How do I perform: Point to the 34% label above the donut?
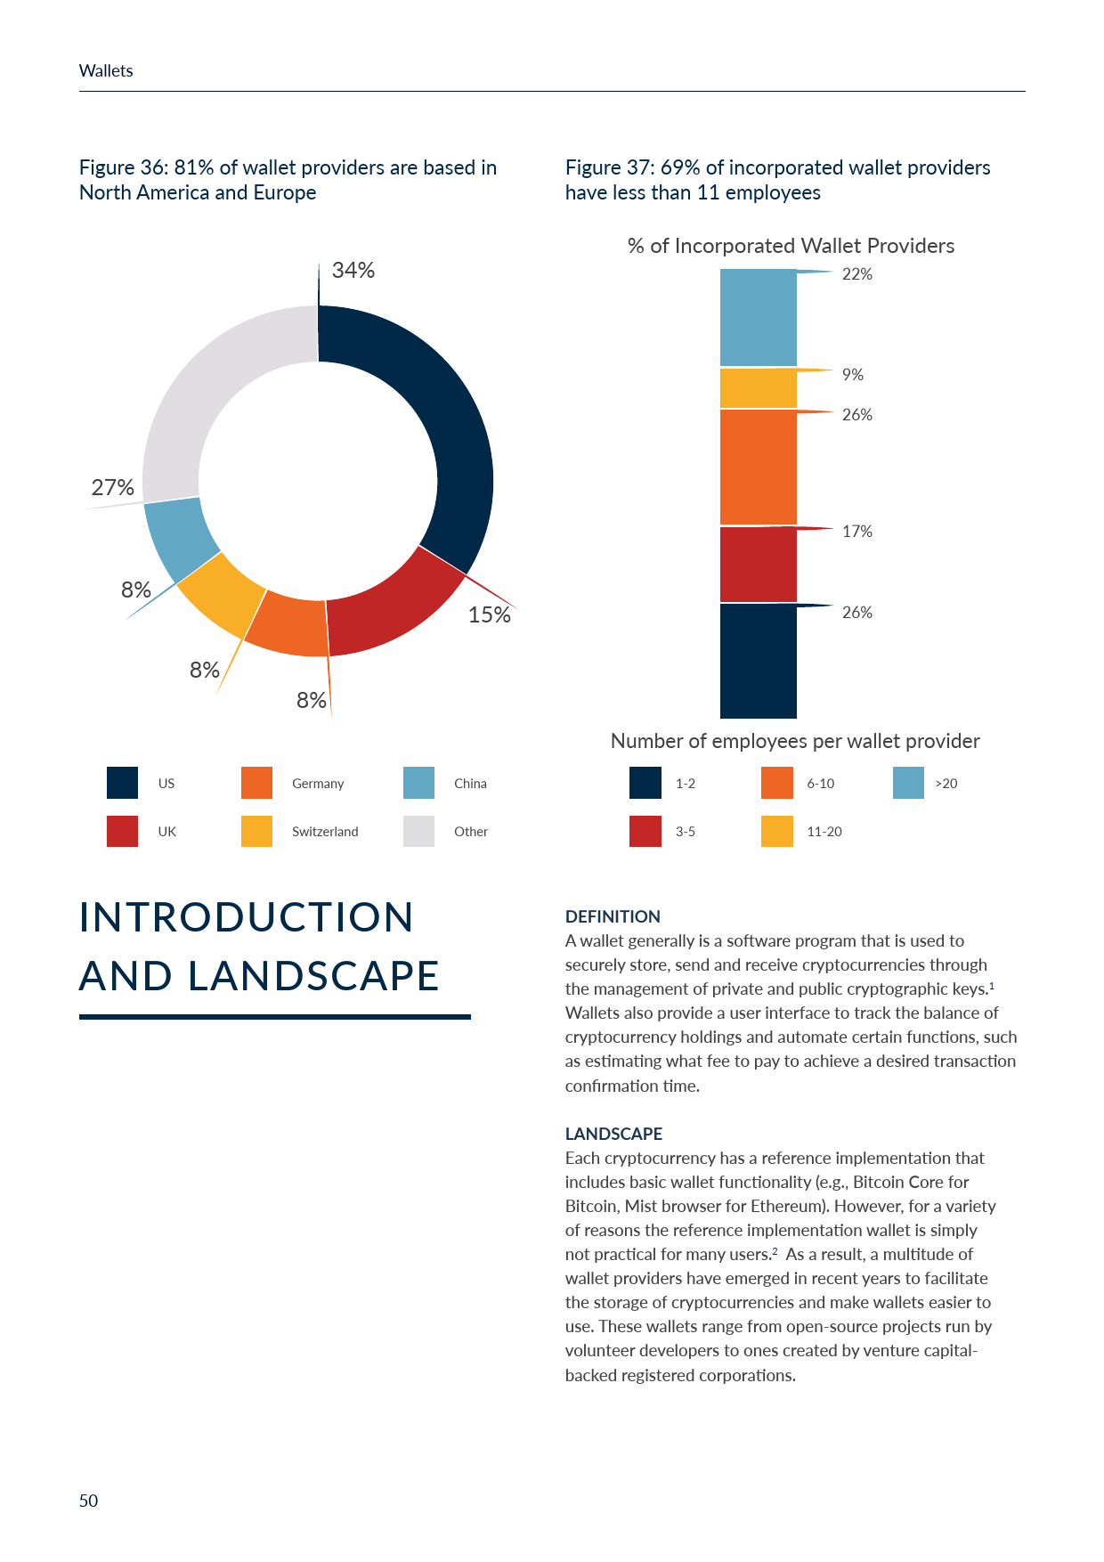point(353,270)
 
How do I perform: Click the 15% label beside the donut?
point(489,614)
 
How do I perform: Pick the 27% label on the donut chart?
point(113,487)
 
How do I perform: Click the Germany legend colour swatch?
point(256,783)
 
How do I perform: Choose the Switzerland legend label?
point(325,832)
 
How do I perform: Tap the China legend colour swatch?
point(418,783)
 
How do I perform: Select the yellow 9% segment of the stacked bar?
point(758,388)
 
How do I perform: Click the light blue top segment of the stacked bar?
point(758,318)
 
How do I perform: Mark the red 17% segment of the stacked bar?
point(758,565)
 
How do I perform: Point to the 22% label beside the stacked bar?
point(856,274)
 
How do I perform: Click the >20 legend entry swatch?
point(908,783)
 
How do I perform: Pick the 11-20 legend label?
point(824,832)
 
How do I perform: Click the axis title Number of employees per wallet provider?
point(795,741)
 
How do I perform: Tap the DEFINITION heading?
point(613,916)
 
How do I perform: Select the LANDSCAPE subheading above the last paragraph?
point(613,1134)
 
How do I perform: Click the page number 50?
point(88,1501)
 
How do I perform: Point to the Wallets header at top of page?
point(106,71)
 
